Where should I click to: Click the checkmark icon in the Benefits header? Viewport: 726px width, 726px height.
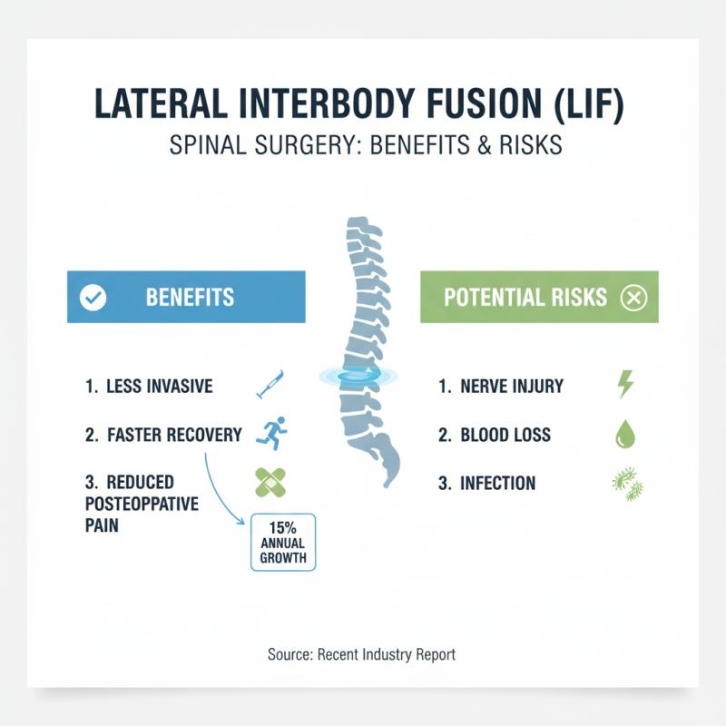[x=93, y=298]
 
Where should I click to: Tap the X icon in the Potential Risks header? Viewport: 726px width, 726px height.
[x=633, y=298]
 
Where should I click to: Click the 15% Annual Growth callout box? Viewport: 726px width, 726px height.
[x=283, y=542]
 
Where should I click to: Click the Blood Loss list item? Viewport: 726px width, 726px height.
[x=505, y=435]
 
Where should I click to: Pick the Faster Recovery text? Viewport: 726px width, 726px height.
[x=175, y=435]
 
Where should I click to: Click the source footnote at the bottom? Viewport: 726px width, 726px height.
[x=362, y=653]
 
